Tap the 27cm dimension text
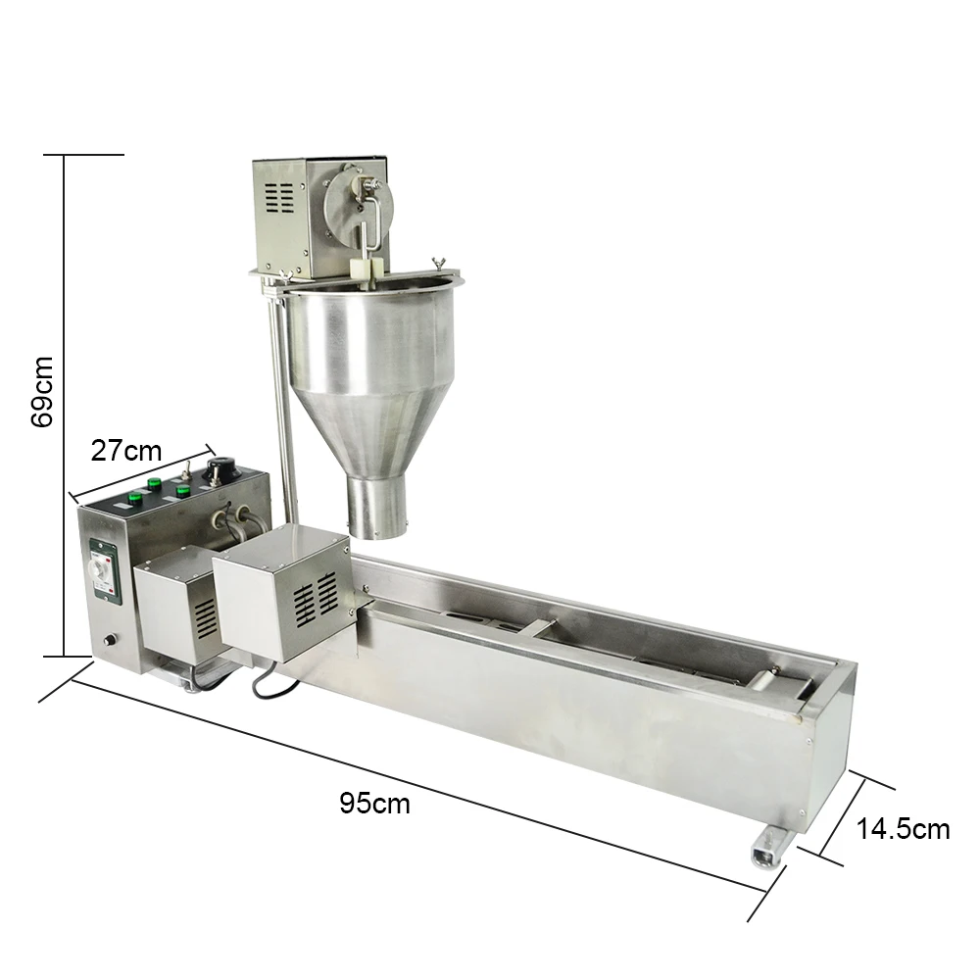125,451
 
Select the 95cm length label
374,804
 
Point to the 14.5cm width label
903,829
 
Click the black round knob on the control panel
219,469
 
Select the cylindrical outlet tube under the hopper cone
377,507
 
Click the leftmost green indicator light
154,482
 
